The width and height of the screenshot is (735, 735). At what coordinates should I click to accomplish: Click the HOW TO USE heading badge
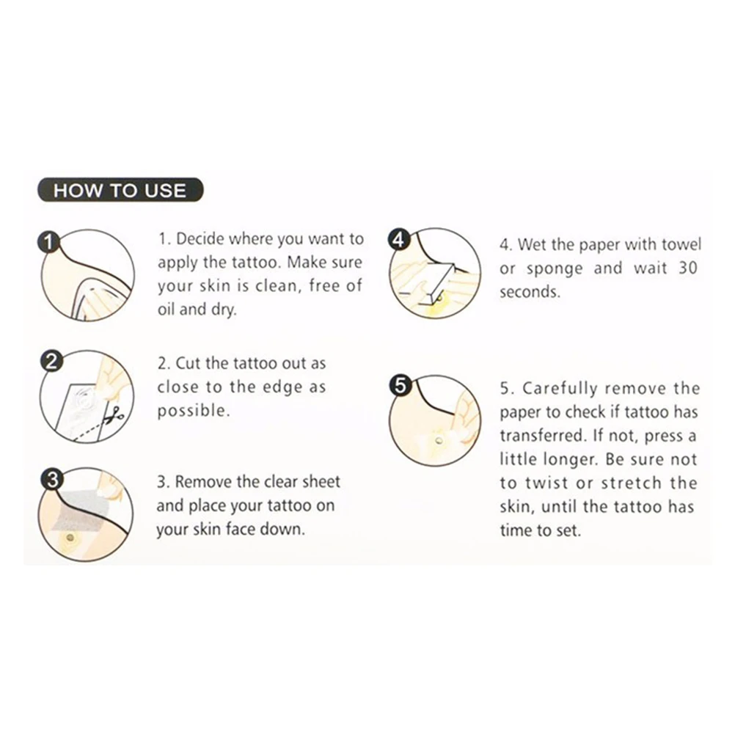tap(120, 190)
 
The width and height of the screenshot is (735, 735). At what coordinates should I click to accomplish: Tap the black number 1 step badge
tap(48, 242)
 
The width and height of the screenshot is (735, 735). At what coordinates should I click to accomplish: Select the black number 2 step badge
tap(51, 361)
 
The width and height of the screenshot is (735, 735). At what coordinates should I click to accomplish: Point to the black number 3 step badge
tap(51, 480)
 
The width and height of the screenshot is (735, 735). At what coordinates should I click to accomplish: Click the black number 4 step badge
tap(398, 240)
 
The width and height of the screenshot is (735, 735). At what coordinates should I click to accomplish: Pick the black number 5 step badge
tap(400, 385)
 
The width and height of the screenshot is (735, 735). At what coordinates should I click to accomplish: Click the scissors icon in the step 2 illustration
tap(114, 413)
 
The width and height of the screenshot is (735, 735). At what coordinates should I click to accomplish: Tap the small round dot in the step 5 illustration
tap(439, 440)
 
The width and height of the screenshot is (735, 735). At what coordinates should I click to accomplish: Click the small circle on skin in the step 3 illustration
tap(70, 537)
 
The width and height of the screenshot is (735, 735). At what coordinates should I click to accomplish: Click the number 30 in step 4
tap(687, 268)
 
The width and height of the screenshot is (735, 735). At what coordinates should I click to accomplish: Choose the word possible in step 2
tap(194, 411)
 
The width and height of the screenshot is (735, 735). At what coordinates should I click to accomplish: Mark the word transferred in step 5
tap(543, 436)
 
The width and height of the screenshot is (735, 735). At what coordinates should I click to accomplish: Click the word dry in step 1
tap(223, 310)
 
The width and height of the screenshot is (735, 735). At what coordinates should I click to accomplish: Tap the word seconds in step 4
tap(530, 292)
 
